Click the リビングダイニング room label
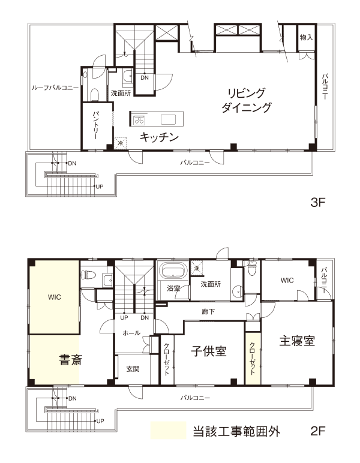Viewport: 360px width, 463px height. point(247,100)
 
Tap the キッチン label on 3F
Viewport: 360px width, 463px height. point(159,137)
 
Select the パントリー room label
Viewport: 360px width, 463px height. point(95,125)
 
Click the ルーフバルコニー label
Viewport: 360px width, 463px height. point(55,88)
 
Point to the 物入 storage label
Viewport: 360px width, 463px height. point(306,38)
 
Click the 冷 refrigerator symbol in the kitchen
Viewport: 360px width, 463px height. point(120,143)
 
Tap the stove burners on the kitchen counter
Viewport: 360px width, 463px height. point(139,120)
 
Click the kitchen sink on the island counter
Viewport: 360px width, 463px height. point(168,119)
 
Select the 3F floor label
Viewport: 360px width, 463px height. point(318,203)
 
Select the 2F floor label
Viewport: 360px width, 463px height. point(318,431)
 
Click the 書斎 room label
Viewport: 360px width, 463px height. point(71,360)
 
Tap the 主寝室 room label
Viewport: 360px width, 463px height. point(297,341)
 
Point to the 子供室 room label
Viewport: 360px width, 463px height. point(208,351)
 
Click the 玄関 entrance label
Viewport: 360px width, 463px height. point(133,369)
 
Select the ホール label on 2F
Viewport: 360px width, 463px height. point(131,333)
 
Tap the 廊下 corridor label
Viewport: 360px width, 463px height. point(208,312)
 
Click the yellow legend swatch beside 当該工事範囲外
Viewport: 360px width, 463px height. point(168,431)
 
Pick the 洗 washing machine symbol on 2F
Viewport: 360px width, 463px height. point(197,269)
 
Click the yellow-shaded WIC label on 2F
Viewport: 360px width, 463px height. point(55,297)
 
